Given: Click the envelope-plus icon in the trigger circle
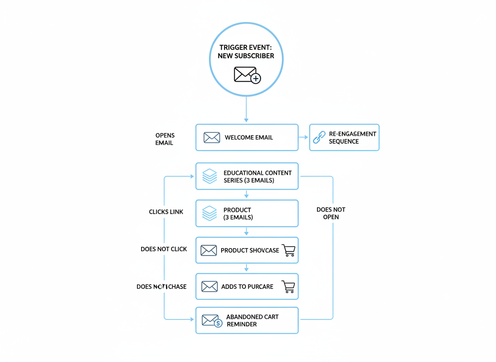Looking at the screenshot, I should tap(247, 75).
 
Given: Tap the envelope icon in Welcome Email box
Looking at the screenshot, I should tap(212, 137).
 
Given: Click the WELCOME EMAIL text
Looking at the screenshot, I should tap(248, 137).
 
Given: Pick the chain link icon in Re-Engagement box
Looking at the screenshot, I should tap(319, 137).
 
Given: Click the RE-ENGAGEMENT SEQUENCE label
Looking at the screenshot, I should tap(352, 137).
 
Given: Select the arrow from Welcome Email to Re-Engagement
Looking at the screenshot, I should tap(303, 137).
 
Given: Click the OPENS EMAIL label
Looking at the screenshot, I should tap(165, 139).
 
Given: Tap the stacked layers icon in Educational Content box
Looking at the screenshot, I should tap(209, 176).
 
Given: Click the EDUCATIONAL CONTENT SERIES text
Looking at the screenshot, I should tap(257, 176).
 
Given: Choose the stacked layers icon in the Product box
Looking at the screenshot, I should tap(209, 213).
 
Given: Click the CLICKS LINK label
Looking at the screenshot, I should tap(166, 212).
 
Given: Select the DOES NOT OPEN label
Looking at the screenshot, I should tap(331, 213).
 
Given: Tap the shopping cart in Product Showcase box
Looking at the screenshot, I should tap(289, 250).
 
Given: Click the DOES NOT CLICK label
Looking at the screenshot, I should tap(164, 249).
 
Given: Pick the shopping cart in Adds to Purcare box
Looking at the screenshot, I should tap(289, 287).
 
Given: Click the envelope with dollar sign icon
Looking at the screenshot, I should tap(212, 321).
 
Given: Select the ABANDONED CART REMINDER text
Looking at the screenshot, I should tap(252, 321).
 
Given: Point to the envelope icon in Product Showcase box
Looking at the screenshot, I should tap(208, 250).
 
